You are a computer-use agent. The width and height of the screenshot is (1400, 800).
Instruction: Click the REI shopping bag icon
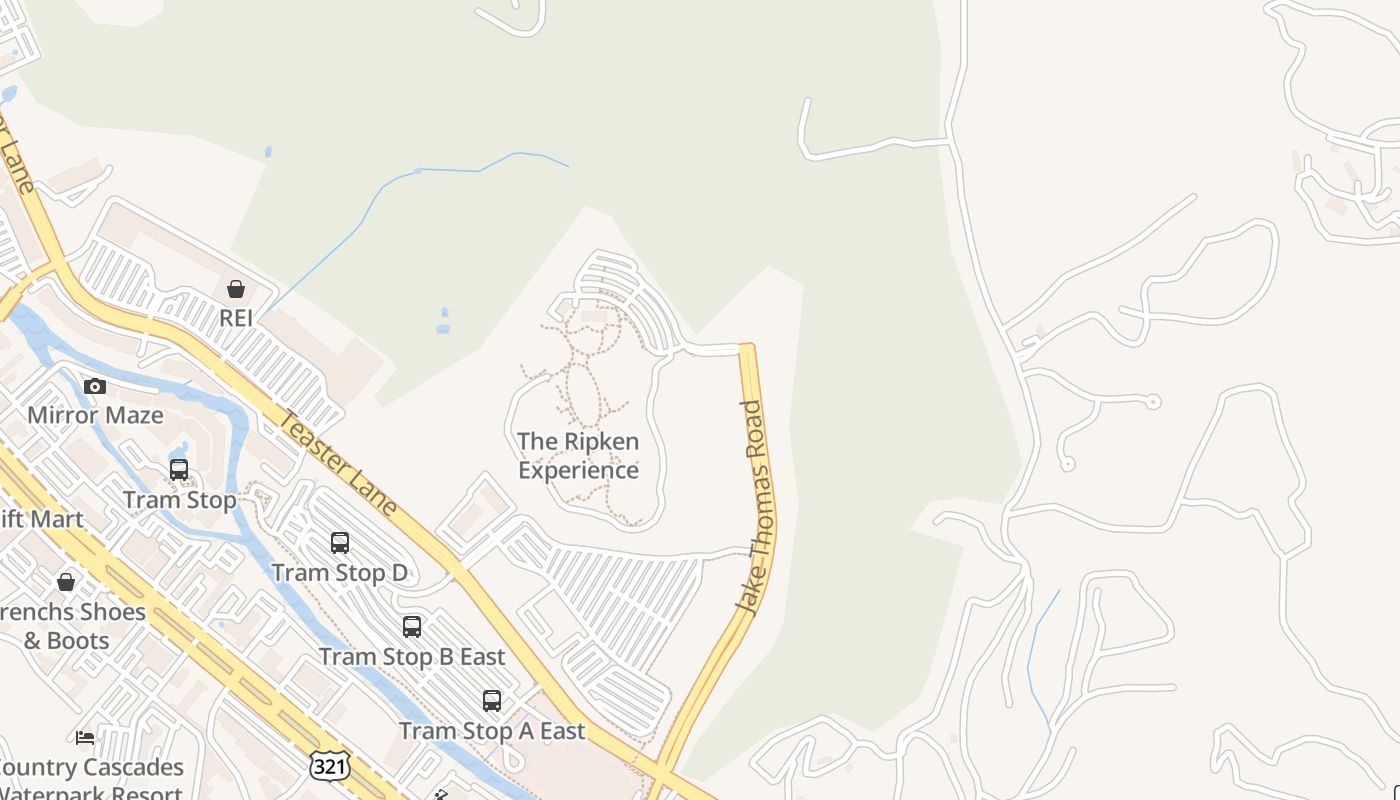[236, 290]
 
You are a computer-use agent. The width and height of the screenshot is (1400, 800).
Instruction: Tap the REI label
[236, 319]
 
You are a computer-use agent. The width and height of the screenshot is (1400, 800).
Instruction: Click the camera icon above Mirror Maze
[95, 386]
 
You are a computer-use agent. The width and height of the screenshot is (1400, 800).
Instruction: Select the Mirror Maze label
[95, 415]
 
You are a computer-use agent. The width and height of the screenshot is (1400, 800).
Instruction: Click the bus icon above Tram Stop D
[340, 543]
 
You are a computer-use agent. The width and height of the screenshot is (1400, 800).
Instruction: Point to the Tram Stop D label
[340, 573]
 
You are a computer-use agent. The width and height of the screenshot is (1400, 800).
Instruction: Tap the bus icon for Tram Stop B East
[412, 627]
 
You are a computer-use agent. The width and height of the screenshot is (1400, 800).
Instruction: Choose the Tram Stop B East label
[412, 657]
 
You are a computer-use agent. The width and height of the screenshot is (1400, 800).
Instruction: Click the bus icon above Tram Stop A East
[492, 701]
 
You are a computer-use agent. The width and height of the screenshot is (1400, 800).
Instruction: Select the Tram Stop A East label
[492, 731]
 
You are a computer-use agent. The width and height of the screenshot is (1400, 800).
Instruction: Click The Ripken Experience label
[578, 455]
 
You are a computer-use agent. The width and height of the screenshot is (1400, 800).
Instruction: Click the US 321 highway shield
[329, 766]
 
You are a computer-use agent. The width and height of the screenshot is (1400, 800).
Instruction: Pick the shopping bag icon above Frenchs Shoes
[66, 582]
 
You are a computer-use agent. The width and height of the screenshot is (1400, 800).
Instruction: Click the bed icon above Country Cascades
[86, 738]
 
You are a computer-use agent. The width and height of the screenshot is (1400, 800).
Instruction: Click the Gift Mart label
[40, 519]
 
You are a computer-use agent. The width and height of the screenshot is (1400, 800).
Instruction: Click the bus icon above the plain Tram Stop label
[179, 470]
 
